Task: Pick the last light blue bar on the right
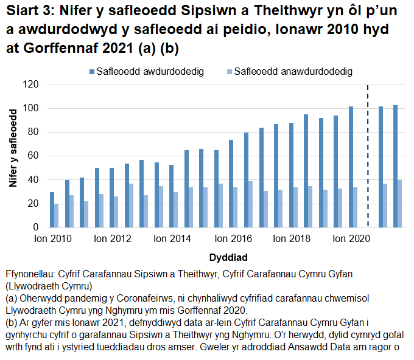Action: pyautogui.click(x=400, y=204)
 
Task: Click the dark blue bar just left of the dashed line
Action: pyautogui.click(x=351, y=167)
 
